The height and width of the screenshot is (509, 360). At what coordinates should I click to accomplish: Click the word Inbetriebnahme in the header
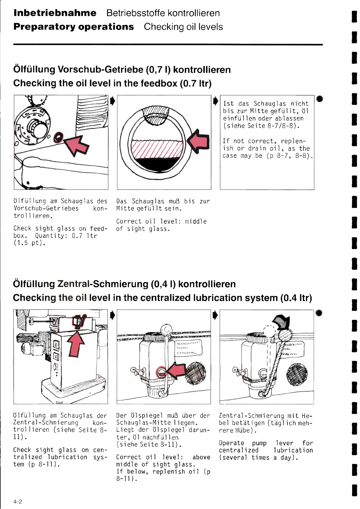[55, 13]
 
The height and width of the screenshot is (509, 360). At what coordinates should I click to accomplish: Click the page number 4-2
[18, 501]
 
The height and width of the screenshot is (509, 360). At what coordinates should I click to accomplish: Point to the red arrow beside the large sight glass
[198, 141]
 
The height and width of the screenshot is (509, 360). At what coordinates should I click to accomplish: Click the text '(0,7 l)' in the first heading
[158, 70]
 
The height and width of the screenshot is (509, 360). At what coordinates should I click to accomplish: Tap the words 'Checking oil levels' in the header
[183, 27]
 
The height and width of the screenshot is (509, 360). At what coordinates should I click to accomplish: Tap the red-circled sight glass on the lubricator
[161, 372]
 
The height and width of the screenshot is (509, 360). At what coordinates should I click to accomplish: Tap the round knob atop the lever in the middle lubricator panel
[166, 329]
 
